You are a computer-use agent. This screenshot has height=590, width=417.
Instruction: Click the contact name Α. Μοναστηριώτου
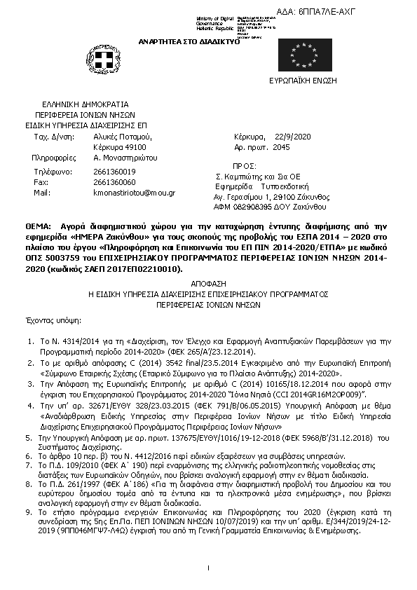pos(126,158)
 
